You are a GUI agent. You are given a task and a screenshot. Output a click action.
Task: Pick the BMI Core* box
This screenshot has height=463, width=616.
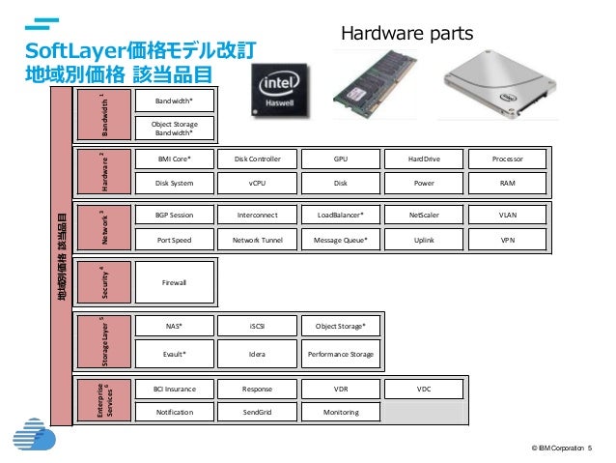click(x=174, y=159)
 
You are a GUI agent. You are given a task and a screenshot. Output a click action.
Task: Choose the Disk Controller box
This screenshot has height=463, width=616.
click(x=257, y=159)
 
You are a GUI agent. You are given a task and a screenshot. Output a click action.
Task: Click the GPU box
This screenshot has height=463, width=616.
click(x=340, y=159)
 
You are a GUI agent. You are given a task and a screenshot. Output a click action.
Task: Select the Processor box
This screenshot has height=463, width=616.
click(x=507, y=159)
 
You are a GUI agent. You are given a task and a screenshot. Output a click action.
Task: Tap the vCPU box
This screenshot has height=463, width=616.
click(x=257, y=182)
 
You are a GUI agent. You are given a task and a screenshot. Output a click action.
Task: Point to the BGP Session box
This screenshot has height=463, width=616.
click(x=174, y=214)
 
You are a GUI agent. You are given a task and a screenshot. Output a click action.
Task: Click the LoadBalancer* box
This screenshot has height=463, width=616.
click(x=340, y=214)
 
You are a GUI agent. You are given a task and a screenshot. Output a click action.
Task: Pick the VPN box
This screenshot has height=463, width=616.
click(x=507, y=238)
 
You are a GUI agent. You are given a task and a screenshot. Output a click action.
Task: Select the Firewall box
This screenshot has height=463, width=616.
click(x=174, y=281)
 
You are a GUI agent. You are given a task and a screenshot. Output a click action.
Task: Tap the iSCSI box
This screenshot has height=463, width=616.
click(x=257, y=327)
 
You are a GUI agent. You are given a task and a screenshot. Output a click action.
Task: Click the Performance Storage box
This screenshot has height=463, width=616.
click(x=340, y=354)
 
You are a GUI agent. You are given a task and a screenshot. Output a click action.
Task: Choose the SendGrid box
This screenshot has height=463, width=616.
click(x=257, y=412)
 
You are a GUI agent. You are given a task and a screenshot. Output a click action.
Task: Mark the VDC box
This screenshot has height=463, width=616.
click(x=424, y=389)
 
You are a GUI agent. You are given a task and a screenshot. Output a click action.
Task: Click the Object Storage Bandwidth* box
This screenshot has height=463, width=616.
click(x=174, y=129)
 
